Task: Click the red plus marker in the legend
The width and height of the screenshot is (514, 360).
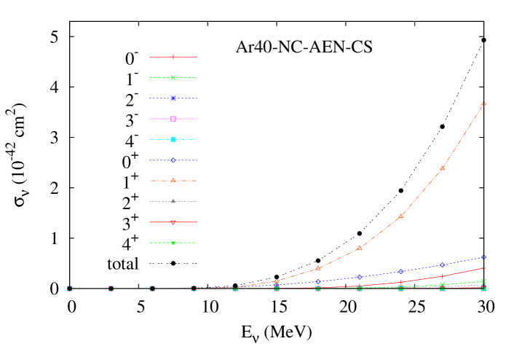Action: coord(173,57)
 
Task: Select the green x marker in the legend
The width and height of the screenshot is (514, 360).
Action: coord(173,77)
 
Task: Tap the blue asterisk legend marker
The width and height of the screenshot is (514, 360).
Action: coord(173,98)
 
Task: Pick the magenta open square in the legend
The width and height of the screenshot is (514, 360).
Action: coord(173,119)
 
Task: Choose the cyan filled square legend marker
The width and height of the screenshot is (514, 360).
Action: coord(173,139)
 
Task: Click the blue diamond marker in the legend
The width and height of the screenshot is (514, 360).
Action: coord(173,160)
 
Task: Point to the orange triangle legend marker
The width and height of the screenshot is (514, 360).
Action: coord(173,180)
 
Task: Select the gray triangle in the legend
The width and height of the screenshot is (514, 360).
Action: coord(173,201)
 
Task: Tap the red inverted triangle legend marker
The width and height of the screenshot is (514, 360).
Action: coord(173,222)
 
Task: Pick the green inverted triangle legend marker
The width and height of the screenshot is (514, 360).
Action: coord(173,243)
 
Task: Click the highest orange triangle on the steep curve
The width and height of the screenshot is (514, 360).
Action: coord(483,103)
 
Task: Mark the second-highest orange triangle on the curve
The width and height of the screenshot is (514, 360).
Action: coord(442,168)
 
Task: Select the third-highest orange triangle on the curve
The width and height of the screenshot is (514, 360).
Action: coord(401,216)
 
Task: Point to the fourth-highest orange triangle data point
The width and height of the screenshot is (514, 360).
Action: coord(360,248)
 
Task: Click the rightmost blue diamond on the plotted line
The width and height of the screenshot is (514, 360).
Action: coord(483,257)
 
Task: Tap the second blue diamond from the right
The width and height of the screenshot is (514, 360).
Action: coord(442,265)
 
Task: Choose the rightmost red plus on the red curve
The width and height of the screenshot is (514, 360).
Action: coord(483,269)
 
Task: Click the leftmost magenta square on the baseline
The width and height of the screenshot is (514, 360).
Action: coord(70,289)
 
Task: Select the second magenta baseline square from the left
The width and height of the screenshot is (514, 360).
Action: coord(111,289)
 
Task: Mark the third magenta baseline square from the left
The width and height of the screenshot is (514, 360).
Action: coord(152,289)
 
